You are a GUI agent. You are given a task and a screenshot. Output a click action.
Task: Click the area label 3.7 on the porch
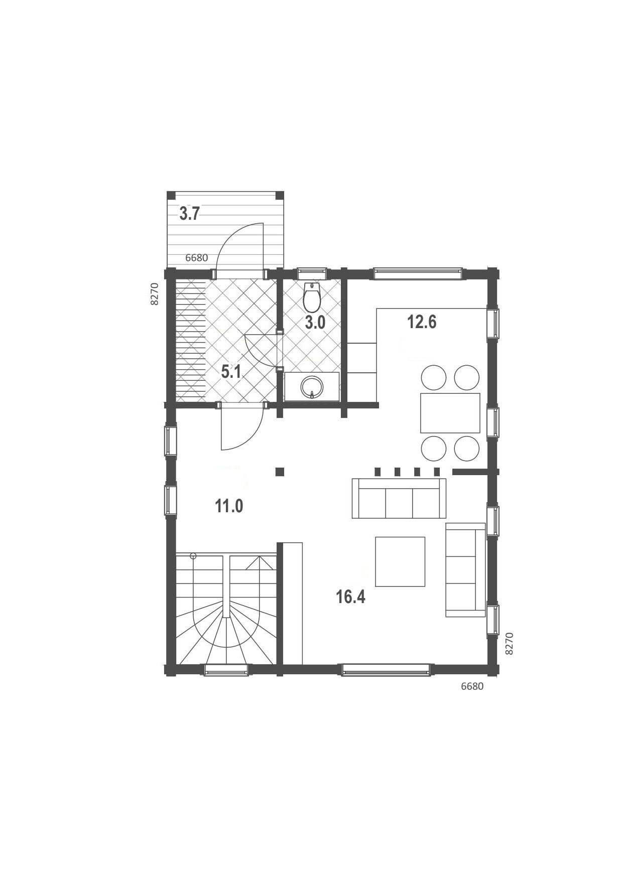pyautogui.click(x=190, y=214)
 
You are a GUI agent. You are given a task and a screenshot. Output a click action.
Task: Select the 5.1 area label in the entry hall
pyautogui.click(x=231, y=372)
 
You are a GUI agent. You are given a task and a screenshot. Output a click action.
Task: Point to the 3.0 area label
pyautogui.click(x=315, y=323)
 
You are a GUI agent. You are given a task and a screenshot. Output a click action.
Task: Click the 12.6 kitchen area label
pyautogui.click(x=422, y=322)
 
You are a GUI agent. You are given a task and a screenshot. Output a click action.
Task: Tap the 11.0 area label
pyautogui.click(x=229, y=506)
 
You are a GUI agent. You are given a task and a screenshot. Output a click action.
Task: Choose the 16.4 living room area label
pyautogui.click(x=351, y=597)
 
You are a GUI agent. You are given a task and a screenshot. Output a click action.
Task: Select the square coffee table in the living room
pyautogui.click(x=401, y=562)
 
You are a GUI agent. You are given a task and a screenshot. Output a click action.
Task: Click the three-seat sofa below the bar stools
pyautogui.click(x=399, y=498)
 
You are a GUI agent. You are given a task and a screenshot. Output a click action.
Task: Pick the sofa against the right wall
pyautogui.click(x=465, y=569)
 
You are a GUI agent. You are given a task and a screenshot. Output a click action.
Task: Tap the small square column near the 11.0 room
pyautogui.click(x=280, y=471)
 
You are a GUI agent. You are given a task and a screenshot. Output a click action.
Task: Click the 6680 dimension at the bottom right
pyautogui.click(x=472, y=686)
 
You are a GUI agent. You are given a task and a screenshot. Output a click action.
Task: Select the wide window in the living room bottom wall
pyautogui.click(x=386, y=670)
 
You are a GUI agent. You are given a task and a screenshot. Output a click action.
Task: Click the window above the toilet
pyautogui.click(x=312, y=273)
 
